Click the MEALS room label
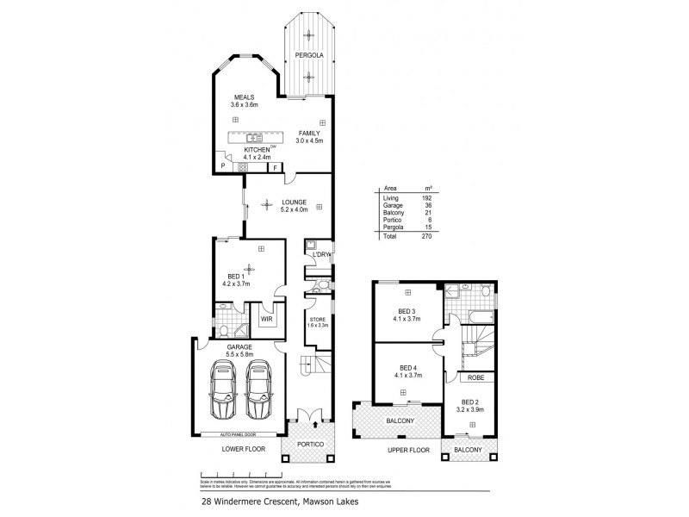(244, 97)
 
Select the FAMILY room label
(309, 133)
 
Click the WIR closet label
(268, 320)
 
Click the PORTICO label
(309, 444)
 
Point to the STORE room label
(319, 321)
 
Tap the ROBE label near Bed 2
(472, 377)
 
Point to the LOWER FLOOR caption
(245, 450)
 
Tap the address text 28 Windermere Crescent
(245, 497)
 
